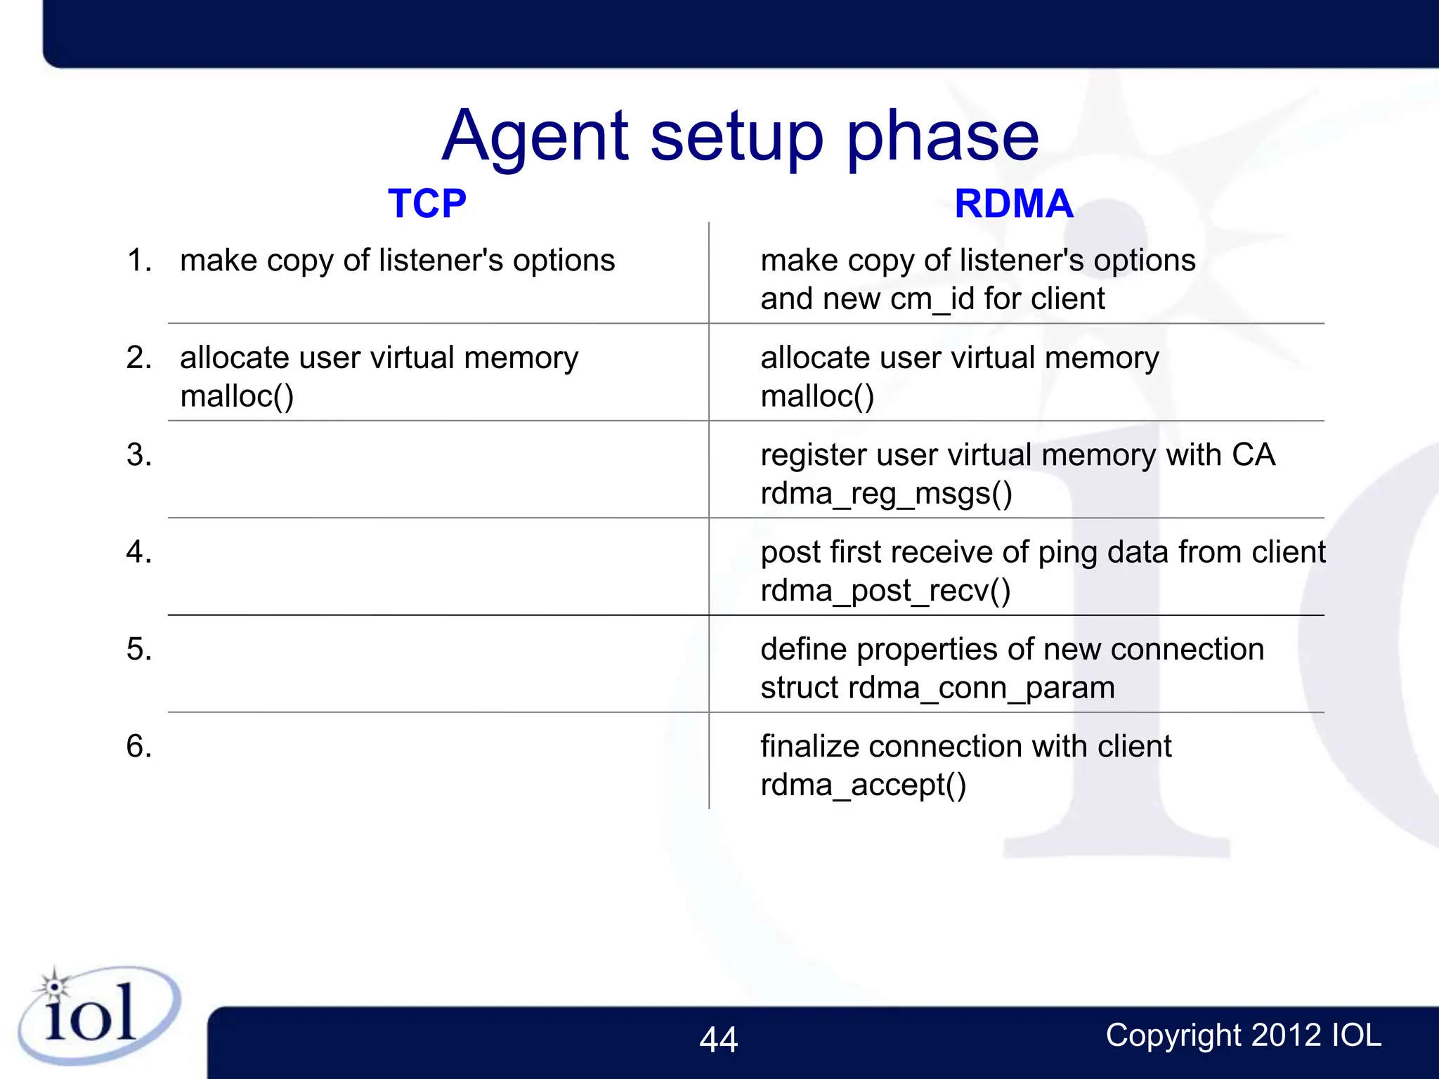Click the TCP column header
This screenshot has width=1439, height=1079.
click(427, 204)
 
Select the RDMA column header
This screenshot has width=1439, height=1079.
click(1013, 204)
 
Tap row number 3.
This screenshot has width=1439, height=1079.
click(138, 455)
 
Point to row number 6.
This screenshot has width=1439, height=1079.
click(138, 746)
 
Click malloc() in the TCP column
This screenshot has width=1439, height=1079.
click(237, 396)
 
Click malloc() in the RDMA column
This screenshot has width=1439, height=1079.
click(817, 396)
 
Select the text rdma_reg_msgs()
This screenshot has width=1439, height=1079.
click(886, 493)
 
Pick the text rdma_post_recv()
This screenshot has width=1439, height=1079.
click(885, 591)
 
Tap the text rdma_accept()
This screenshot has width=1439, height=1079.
click(863, 785)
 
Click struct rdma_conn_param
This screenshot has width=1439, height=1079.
click(937, 688)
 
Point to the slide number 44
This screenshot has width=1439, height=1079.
click(718, 1040)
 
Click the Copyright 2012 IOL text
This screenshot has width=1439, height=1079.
click(1243, 1035)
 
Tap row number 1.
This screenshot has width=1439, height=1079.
click(138, 261)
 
